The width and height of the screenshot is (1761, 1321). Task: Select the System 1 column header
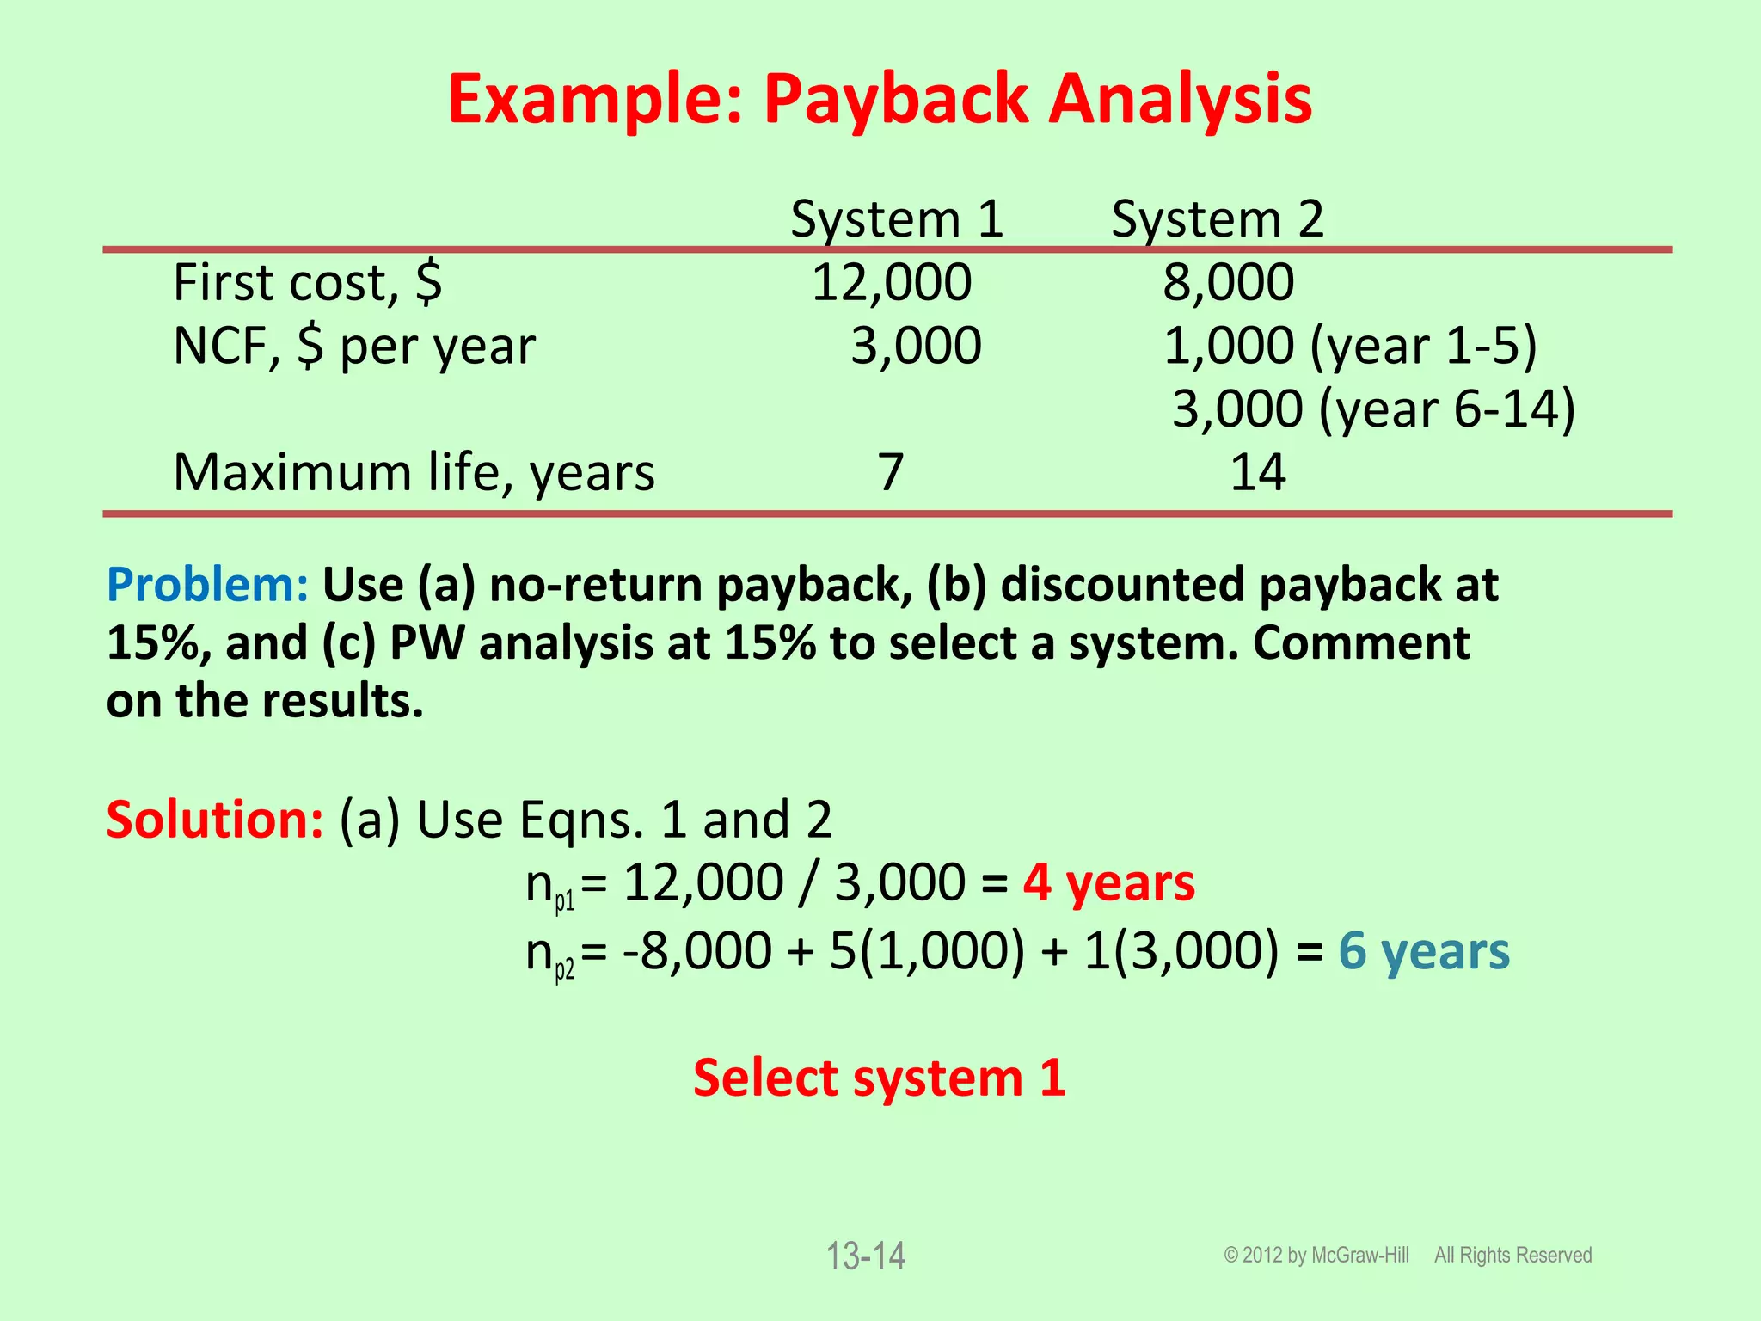pyautogui.click(x=897, y=219)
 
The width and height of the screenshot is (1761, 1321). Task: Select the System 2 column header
pyautogui.click(x=1217, y=219)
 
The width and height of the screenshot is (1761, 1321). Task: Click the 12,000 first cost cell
pyautogui.click(x=892, y=283)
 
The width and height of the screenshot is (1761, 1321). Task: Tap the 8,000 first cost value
pyautogui.click(x=1228, y=283)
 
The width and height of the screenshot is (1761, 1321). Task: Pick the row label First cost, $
pyautogui.click(x=308, y=283)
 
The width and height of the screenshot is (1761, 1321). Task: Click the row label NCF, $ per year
pyautogui.click(x=354, y=347)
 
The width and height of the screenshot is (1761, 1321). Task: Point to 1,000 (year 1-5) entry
pyautogui.click(x=1350, y=347)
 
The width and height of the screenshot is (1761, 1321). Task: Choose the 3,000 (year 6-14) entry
pyautogui.click(x=1373, y=409)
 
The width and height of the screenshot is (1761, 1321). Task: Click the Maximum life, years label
pyautogui.click(x=414, y=473)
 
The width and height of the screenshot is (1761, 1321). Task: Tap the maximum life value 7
pyautogui.click(x=891, y=473)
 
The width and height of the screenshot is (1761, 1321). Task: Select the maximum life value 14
pyautogui.click(x=1257, y=473)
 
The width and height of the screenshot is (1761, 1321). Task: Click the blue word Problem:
pyautogui.click(x=207, y=585)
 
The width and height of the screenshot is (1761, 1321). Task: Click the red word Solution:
pyautogui.click(x=215, y=820)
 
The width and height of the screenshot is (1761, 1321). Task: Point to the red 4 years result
pyautogui.click(x=1108, y=883)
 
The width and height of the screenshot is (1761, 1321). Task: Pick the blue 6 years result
pyautogui.click(x=1424, y=952)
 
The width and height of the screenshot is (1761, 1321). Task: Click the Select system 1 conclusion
pyautogui.click(x=880, y=1078)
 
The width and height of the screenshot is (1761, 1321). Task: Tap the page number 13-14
pyautogui.click(x=865, y=1256)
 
